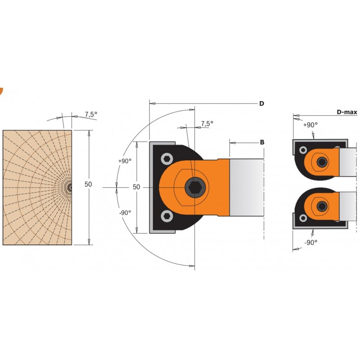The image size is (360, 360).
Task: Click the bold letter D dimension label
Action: coord(261,103)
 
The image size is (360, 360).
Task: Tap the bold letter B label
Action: coord(262,142)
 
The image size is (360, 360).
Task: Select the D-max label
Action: coord(347,112)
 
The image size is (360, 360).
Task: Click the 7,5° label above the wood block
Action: coord(91,114)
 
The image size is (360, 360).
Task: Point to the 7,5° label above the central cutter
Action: coord(207,123)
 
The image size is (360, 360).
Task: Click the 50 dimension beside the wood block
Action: coord(88,184)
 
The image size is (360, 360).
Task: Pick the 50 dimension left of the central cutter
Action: coord(136,187)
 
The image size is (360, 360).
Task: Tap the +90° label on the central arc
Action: coord(125,161)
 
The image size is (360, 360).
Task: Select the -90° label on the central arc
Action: coord(125,213)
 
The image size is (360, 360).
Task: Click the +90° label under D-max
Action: coord(310,125)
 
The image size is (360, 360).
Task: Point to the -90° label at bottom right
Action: coord(311,243)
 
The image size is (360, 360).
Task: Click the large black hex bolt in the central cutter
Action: coord(195,187)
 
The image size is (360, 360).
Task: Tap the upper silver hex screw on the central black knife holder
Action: coord(167,159)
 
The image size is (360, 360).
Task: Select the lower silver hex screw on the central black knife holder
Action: coord(167,216)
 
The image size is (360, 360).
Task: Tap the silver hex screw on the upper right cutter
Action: coord(303,150)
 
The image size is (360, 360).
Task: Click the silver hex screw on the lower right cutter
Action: coord(303,218)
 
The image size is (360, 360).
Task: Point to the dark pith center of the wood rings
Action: coord(70,187)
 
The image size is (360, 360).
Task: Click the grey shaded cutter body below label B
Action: coord(247,187)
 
